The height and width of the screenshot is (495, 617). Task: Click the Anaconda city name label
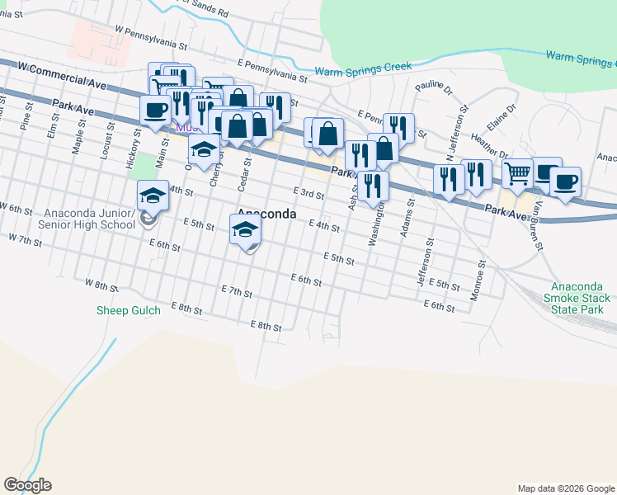pyautogui.click(x=266, y=214)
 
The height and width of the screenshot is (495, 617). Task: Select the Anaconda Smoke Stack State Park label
pyautogui.click(x=578, y=298)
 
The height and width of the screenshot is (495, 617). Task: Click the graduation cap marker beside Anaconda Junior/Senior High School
pyautogui.click(x=153, y=196)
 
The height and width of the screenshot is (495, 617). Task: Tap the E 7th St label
pyautogui.click(x=236, y=292)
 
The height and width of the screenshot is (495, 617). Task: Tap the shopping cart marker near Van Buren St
pyautogui.click(x=517, y=173)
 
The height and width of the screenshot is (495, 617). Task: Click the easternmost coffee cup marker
pyautogui.click(x=565, y=181)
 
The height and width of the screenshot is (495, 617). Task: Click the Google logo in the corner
pyautogui.click(x=26, y=485)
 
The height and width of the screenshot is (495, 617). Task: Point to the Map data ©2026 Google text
pyautogui.click(x=565, y=488)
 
